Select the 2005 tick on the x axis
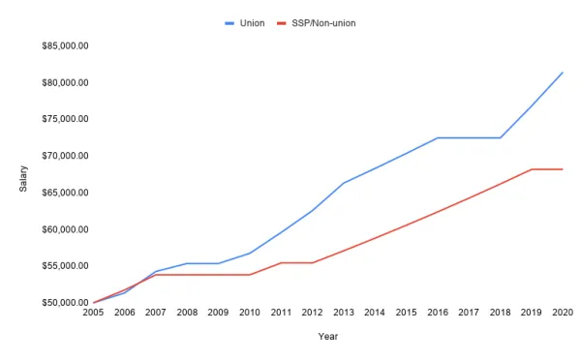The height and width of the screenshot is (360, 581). [93, 314]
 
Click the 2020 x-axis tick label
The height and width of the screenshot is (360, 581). [563, 314]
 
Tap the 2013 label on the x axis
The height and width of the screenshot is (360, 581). [344, 314]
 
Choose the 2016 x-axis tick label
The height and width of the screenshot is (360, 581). [438, 314]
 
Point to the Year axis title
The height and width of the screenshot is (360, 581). [327, 337]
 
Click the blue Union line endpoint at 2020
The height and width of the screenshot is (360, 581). [563, 73]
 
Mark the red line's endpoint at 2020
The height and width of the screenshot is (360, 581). [563, 169]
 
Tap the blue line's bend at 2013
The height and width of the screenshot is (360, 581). [344, 183]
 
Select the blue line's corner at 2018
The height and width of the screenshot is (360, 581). [501, 138]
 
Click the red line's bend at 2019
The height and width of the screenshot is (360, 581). [532, 169]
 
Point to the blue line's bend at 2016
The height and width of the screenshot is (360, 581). [438, 138]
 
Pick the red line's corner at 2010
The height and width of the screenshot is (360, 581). [250, 275]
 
